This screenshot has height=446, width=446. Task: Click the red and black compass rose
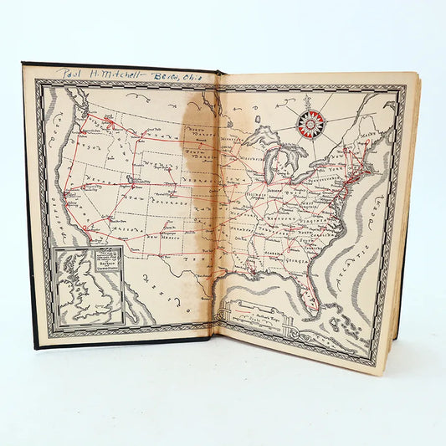[x=310, y=124]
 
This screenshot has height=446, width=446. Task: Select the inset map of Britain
[x=86, y=285]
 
